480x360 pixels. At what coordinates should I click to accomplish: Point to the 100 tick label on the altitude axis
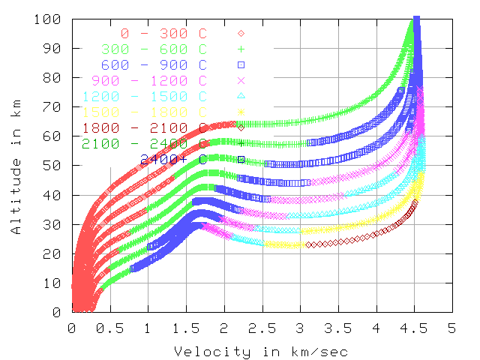(x=49, y=19)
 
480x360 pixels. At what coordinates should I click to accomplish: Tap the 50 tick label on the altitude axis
(x=53, y=166)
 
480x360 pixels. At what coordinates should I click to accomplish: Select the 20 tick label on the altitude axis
(x=53, y=253)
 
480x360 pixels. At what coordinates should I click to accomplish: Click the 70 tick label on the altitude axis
(x=53, y=107)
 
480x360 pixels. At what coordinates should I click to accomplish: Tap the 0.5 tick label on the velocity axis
(x=109, y=328)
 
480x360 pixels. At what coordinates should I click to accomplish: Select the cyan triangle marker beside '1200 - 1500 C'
(x=241, y=96)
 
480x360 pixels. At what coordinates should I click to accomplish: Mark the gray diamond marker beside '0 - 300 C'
(x=241, y=33)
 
